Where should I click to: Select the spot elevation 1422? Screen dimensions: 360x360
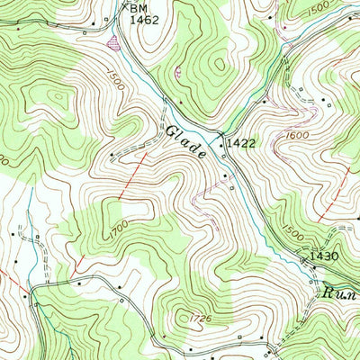point(240,142)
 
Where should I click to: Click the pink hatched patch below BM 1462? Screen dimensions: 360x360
point(113,40)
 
